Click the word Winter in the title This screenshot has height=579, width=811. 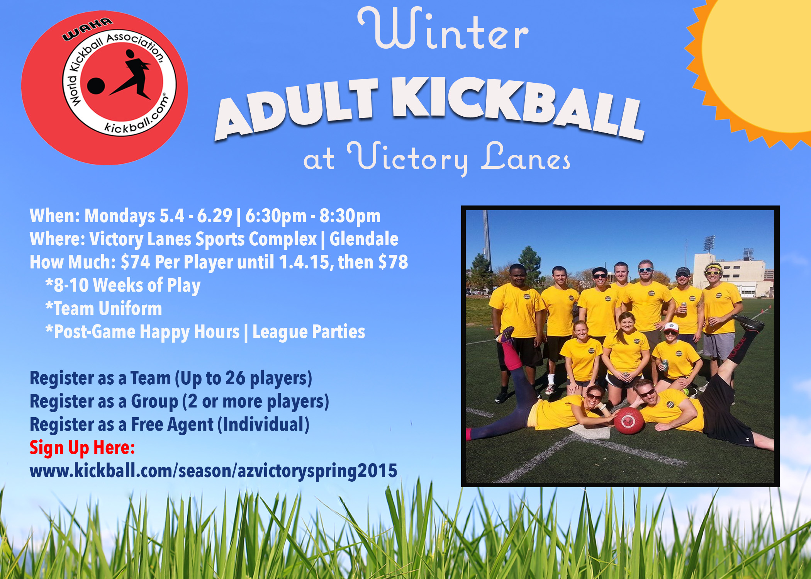point(443,29)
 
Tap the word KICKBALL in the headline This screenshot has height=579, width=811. point(517,106)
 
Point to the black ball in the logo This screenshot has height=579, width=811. point(96,86)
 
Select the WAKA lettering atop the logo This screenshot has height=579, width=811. point(88,29)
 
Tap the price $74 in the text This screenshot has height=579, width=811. point(135,262)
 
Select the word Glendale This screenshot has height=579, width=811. point(364,239)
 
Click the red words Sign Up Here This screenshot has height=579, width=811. point(82,448)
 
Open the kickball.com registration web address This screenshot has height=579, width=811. point(214,471)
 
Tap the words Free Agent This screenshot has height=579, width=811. point(172,425)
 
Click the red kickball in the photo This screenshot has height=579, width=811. point(629,420)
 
